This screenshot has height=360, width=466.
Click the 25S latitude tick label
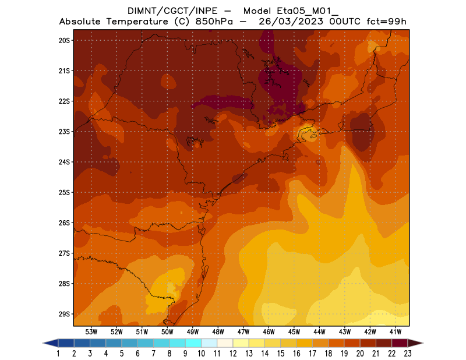(x=64, y=192)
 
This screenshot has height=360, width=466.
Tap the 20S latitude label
(x=64, y=40)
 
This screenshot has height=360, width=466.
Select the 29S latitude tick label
(x=64, y=314)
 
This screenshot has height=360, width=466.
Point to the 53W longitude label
(x=91, y=331)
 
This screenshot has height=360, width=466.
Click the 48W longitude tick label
(x=218, y=331)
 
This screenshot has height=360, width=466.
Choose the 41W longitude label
(x=395, y=331)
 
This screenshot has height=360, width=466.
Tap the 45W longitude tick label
(x=294, y=331)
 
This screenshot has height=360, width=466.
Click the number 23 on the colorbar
(x=407, y=353)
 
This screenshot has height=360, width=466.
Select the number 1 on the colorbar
(x=59, y=353)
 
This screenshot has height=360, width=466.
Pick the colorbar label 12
(x=233, y=353)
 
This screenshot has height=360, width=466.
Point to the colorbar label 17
(x=312, y=353)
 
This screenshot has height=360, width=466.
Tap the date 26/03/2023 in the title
(x=295, y=22)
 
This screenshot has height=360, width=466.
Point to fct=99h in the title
(x=386, y=22)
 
